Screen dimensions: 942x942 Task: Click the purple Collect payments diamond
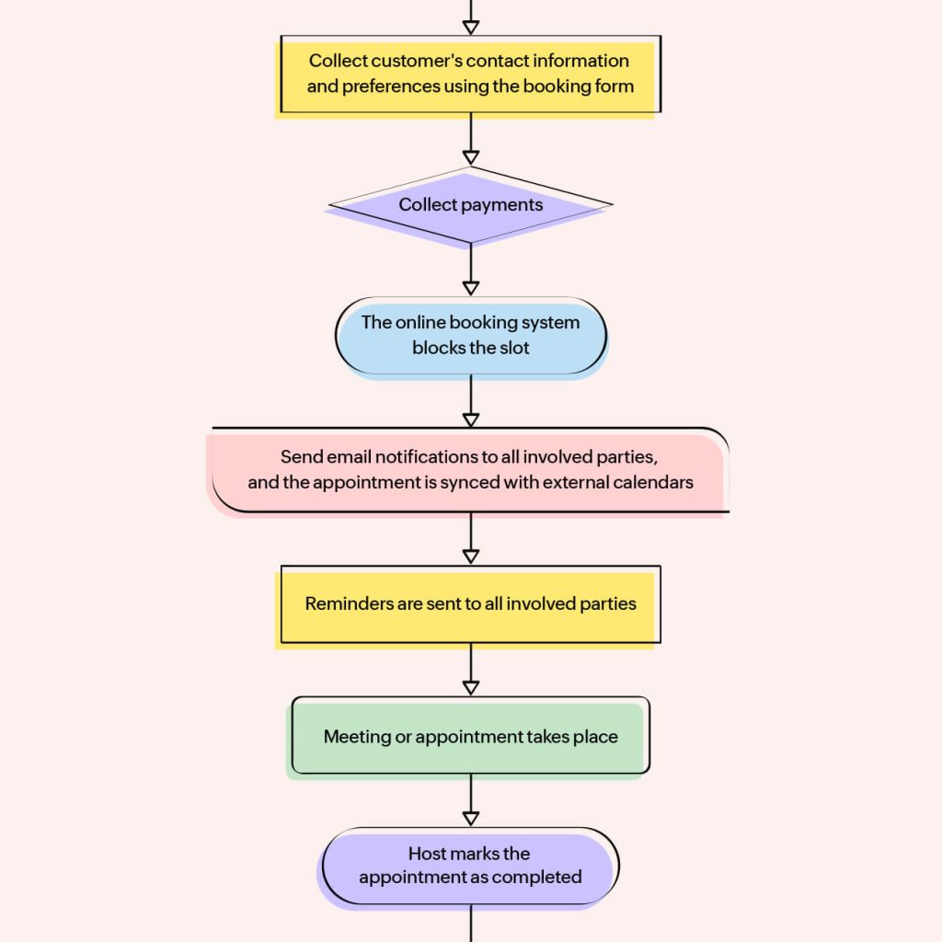[x=470, y=206]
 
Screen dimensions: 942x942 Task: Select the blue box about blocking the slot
[x=470, y=336]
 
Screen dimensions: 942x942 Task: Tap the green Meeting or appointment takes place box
[x=470, y=737]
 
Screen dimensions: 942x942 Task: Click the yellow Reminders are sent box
[x=470, y=604]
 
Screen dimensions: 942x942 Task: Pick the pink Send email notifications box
[x=470, y=469]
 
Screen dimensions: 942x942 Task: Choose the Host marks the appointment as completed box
[x=470, y=866]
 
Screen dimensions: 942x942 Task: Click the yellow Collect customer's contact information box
[x=470, y=74]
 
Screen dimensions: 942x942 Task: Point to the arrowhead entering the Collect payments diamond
[x=470, y=157]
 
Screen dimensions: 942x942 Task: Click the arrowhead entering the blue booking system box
[x=470, y=288]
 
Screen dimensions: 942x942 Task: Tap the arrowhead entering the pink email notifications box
[x=470, y=419]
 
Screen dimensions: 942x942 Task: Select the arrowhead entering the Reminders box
[x=470, y=556]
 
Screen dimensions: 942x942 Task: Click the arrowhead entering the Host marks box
[x=470, y=818]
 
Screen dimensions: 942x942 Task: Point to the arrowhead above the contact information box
[x=470, y=27]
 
